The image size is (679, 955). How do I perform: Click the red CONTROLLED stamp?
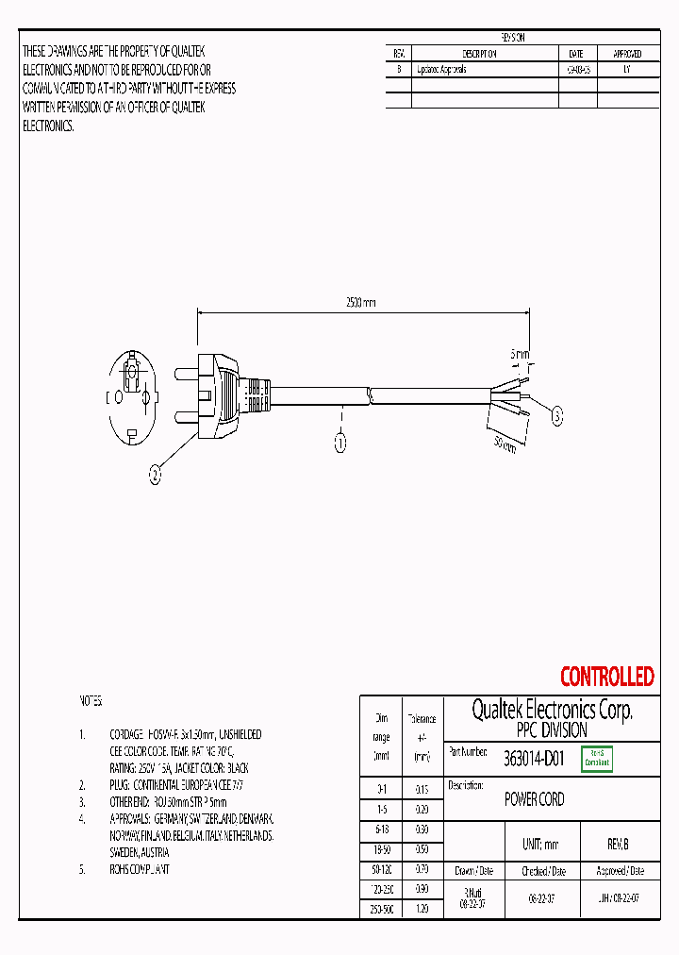[606, 677]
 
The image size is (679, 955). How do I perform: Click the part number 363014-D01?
[534, 758]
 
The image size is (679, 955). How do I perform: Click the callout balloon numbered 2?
[155, 477]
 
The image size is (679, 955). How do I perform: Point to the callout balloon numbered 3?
[556, 414]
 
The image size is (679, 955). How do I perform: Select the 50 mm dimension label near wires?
[505, 443]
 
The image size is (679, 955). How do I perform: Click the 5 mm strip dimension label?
[520, 354]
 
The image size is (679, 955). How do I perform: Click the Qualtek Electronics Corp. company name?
[552, 711]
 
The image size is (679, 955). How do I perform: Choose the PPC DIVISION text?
[552, 730]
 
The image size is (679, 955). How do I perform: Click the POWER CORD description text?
[534, 799]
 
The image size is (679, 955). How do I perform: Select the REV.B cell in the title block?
[618, 845]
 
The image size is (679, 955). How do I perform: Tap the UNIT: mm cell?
[540, 845]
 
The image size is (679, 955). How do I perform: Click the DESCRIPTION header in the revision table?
[480, 54]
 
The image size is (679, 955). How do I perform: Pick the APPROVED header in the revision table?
[628, 54]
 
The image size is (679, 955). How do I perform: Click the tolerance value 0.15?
[422, 789]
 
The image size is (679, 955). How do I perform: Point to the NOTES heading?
[91, 701]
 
